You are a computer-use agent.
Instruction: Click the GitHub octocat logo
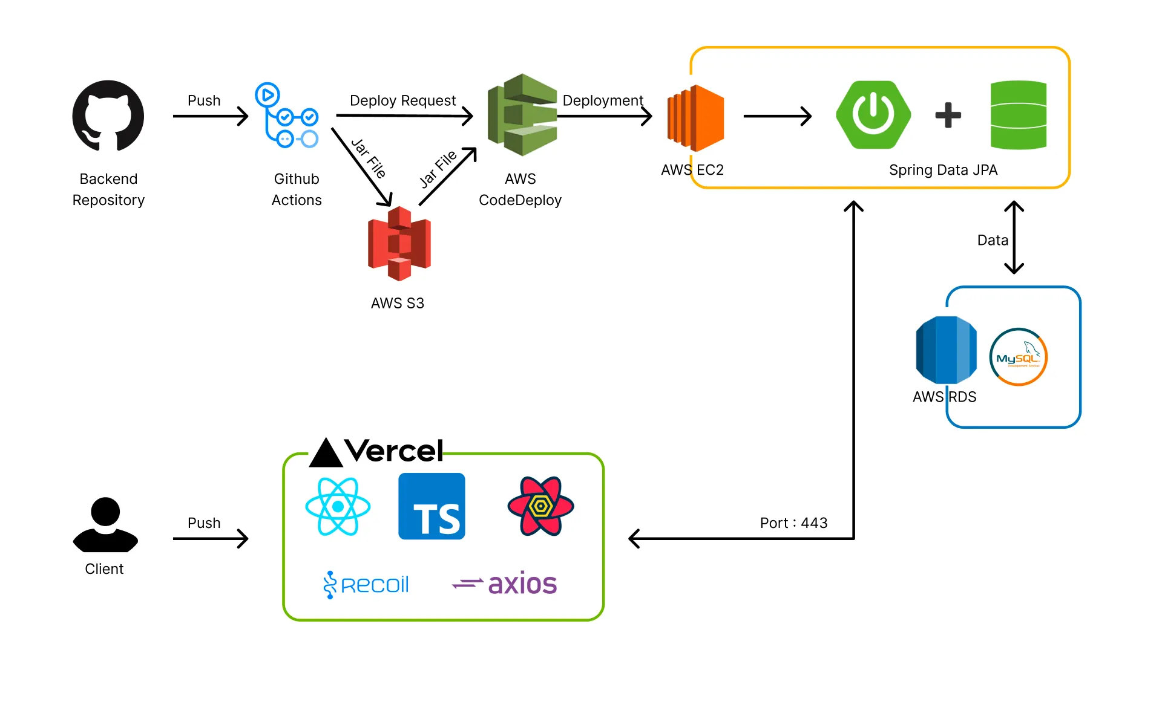[x=108, y=116]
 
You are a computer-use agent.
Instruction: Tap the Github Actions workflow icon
[x=287, y=116]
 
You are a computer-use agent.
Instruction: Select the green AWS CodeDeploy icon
[x=522, y=115]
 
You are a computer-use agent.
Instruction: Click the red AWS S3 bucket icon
[x=399, y=244]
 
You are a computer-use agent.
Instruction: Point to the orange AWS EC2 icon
[x=696, y=118]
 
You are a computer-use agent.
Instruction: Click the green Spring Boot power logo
[x=873, y=115]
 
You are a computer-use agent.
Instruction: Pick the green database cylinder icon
[x=1019, y=115]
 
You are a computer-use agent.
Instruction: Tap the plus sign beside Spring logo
[x=948, y=115]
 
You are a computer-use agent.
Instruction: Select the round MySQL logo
[x=1019, y=357]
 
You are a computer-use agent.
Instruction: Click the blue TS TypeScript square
[x=432, y=506]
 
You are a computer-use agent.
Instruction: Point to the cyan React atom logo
[x=338, y=506]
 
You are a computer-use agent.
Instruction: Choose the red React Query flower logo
[x=540, y=506]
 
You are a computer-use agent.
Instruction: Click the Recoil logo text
[x=367, y=585]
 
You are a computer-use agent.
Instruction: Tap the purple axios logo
[x=505, y=584]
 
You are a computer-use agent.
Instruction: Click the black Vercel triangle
[x=326, y=454]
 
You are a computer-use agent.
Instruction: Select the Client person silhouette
[x=105, y=524]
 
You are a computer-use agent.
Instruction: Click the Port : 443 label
[x=793, y=523]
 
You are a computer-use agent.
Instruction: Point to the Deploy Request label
[x=402, y=100]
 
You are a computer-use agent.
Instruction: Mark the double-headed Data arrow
[x=1014, y=238]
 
